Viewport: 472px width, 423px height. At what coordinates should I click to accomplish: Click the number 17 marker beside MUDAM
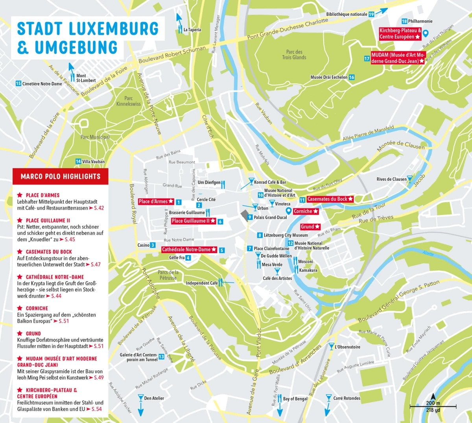pos(367,59)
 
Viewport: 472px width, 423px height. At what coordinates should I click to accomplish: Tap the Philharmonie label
pos(420,21)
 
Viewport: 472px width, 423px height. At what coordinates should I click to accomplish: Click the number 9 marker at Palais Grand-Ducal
pos(249,217)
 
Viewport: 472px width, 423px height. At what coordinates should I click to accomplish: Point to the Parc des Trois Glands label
pos(294,55)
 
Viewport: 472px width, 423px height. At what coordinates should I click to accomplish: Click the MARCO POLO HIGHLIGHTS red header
pos(60,176)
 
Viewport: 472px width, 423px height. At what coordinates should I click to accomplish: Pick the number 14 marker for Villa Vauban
pos(78,161)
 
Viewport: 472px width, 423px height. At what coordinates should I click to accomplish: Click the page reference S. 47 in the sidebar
pos(96,264)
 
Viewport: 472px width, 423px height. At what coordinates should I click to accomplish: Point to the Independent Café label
pos(202,283)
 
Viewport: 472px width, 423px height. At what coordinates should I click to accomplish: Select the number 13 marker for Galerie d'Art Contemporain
pos(161,357)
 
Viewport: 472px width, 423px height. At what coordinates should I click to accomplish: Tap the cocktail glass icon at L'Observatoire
pos(331,347)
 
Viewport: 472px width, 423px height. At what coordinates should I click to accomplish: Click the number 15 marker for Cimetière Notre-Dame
pos(18,83)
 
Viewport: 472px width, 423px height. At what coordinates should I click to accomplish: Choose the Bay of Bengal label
pos(295,399)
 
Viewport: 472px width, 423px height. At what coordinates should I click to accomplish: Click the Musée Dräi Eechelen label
pos(329,77)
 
